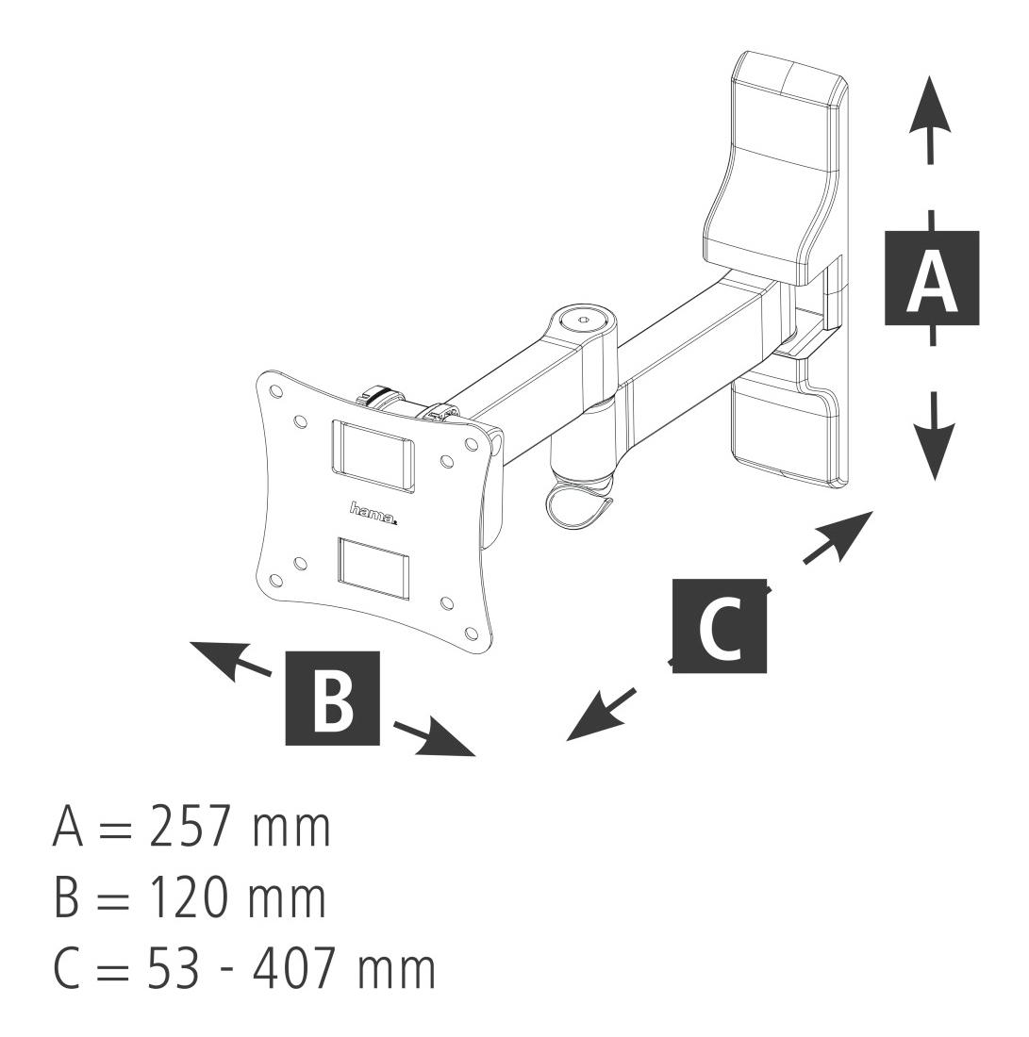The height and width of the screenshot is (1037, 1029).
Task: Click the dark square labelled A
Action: [x=932, y=278]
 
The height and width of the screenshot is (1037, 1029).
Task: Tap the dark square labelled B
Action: [x=332, y=698]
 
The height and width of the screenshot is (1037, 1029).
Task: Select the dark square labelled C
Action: [x=720, y=626]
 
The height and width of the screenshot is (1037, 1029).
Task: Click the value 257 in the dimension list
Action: [x=190, y=826]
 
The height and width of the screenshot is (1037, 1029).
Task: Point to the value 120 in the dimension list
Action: [x=188, y=897]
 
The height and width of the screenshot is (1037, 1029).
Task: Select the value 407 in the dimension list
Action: [x=294, y=969]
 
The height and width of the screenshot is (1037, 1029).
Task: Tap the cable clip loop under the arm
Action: [x=576, y=505]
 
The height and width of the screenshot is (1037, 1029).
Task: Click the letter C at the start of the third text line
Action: [x=68, y=969]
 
